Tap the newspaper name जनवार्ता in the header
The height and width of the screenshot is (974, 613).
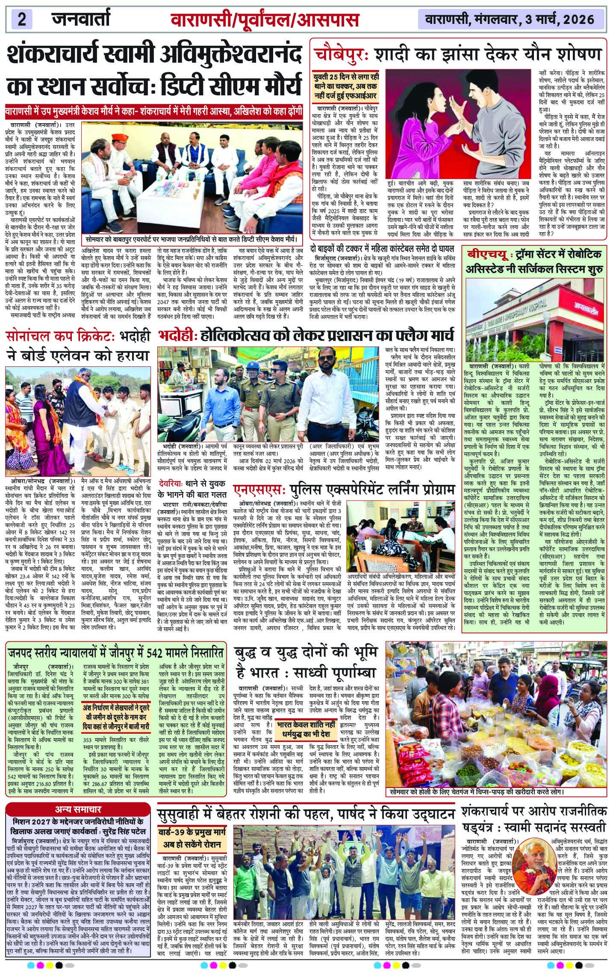pyautogui.click(x=82, y=19)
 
